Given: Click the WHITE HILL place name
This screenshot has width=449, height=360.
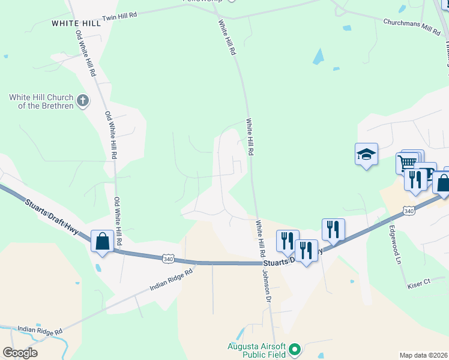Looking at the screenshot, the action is point(76,23).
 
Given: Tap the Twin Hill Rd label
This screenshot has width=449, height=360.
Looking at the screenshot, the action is point(119,19).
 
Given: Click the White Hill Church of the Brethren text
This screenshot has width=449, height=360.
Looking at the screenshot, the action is point(41,101).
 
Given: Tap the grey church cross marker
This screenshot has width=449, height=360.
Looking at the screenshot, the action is point(83,101).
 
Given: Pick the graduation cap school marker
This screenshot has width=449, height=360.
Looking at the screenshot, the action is point(366,155).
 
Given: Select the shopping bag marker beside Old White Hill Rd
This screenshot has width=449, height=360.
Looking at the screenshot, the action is point(102,241).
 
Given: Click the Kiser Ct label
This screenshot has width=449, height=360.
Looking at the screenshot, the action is point(419,281).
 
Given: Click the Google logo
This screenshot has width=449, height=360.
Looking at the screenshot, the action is point(20,353).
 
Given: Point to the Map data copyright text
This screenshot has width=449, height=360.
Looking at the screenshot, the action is point(423,355).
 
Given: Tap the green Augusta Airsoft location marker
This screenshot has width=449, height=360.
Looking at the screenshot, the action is point(294,349).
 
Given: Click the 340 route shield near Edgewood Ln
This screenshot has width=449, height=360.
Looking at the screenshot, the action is point(409,211).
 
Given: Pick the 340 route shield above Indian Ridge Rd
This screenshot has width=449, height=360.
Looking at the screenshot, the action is point(168,258).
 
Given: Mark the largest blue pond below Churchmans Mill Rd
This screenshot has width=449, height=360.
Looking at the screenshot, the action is point(318,57).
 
